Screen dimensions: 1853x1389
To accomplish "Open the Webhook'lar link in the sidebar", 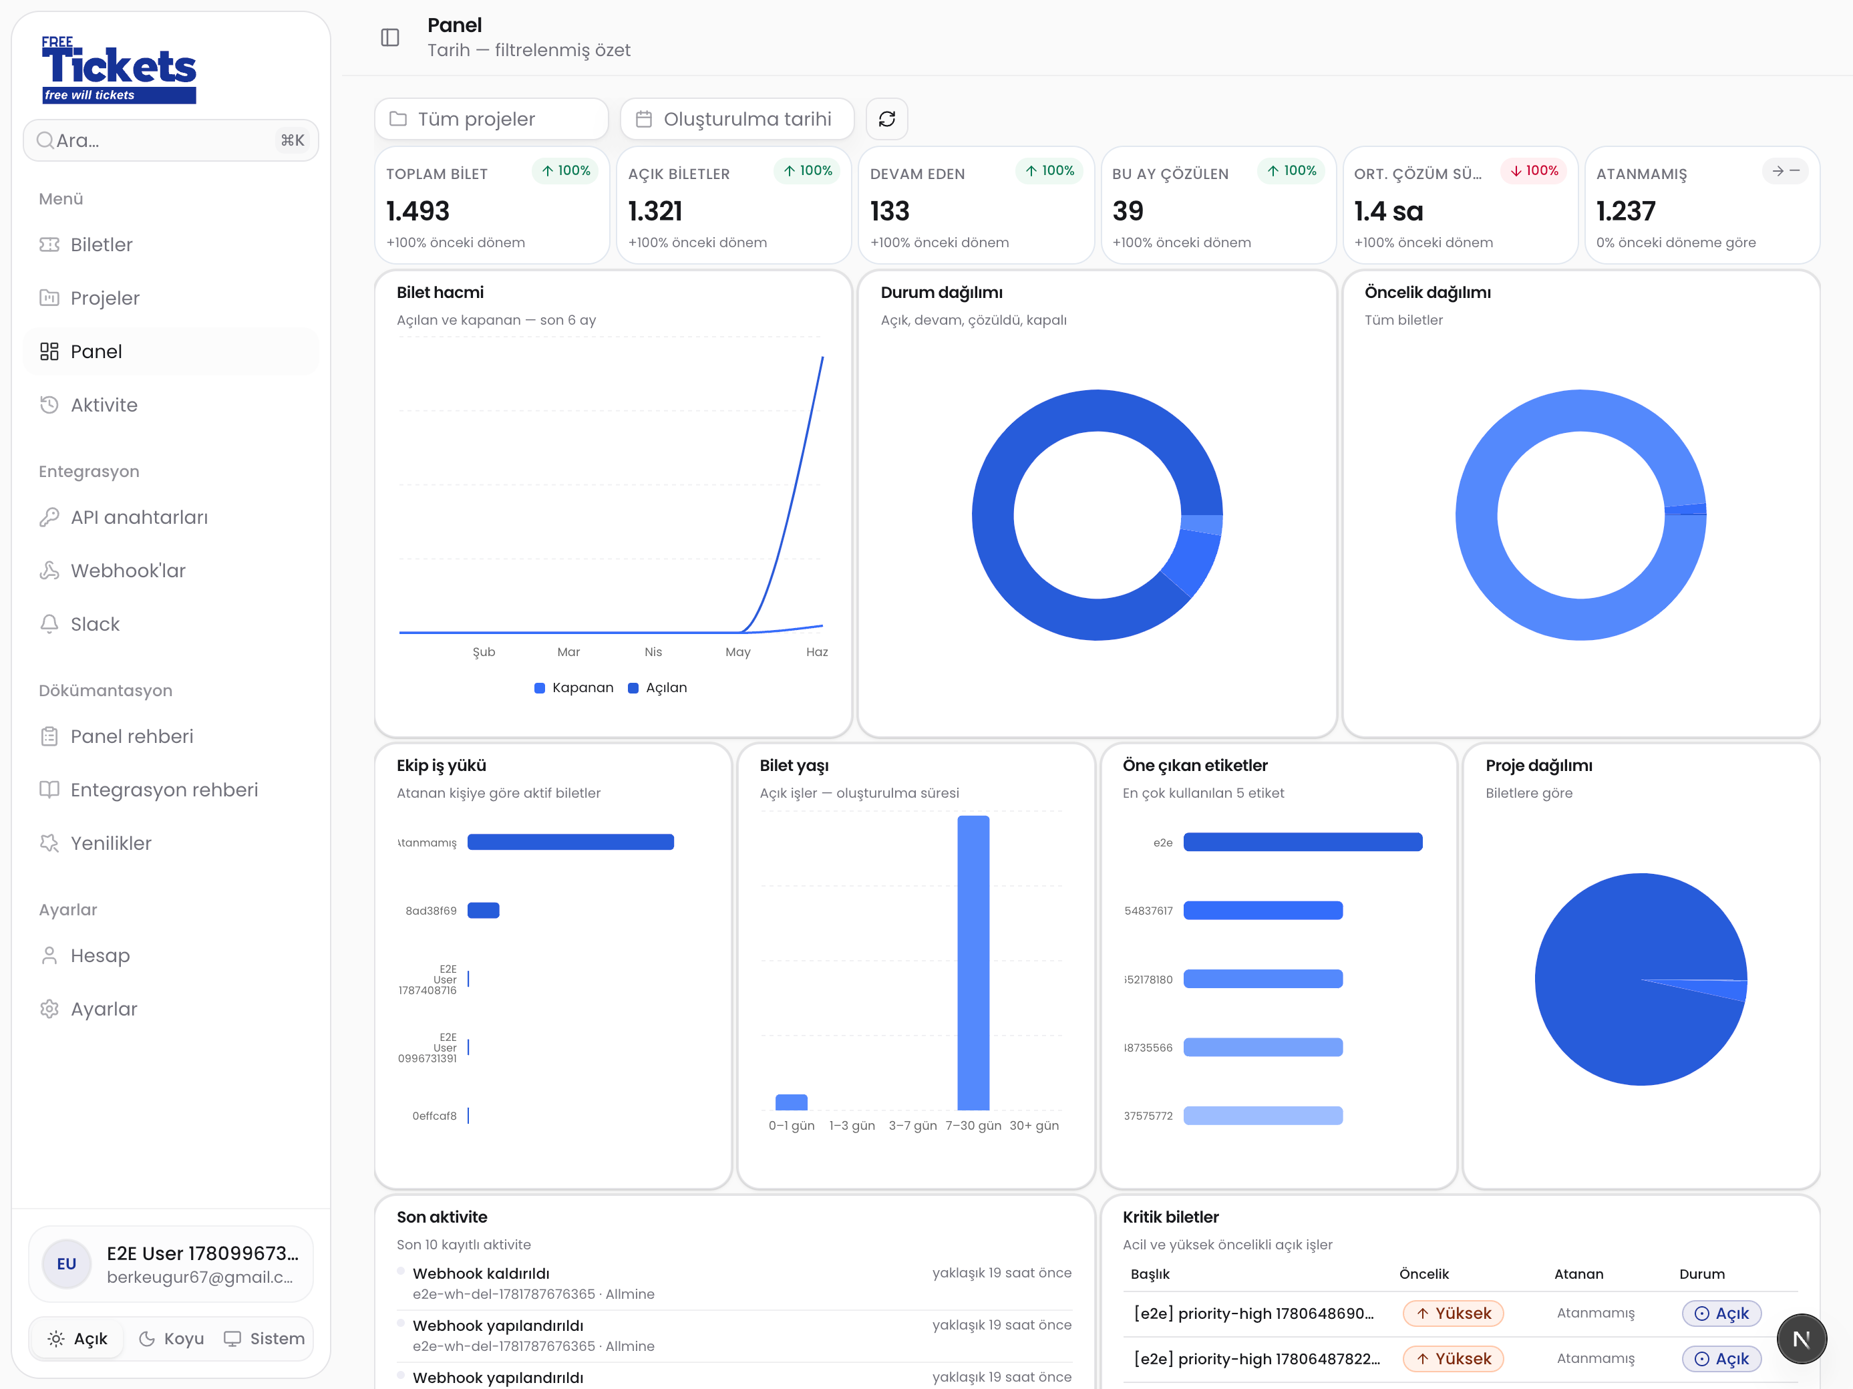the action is (128, 571).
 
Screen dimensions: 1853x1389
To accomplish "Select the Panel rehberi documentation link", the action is (132, 736).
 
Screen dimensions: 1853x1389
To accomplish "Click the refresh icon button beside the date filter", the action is (886, 119).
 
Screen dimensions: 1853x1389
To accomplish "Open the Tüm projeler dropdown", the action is (491, 119).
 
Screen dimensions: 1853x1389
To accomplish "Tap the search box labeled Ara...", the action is (171, 140).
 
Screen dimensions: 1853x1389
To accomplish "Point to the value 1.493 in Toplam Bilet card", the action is (417, 211).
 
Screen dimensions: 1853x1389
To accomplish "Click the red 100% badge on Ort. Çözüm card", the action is (1533, 171).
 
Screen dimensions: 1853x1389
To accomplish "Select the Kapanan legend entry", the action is (574, 687).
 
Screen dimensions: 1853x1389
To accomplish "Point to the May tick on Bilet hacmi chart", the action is (738, 652).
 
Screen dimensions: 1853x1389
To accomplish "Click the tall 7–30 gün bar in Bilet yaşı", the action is (973, 963).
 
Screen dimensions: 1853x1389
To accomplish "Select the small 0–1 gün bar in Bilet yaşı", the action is (791, 1102).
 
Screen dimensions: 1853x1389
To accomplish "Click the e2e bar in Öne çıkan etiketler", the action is (1303, 842).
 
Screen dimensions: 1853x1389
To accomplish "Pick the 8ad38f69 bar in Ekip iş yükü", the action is (484, 911).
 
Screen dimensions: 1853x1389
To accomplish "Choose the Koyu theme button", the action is (172, 1339).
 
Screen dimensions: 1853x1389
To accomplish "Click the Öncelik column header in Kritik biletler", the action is (1423, 1274).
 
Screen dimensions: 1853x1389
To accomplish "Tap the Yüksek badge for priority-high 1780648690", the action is (1453, 1314).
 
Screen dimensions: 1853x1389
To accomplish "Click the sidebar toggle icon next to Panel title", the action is (390, 37).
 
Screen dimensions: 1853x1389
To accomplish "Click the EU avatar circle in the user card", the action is (66, 1264).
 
